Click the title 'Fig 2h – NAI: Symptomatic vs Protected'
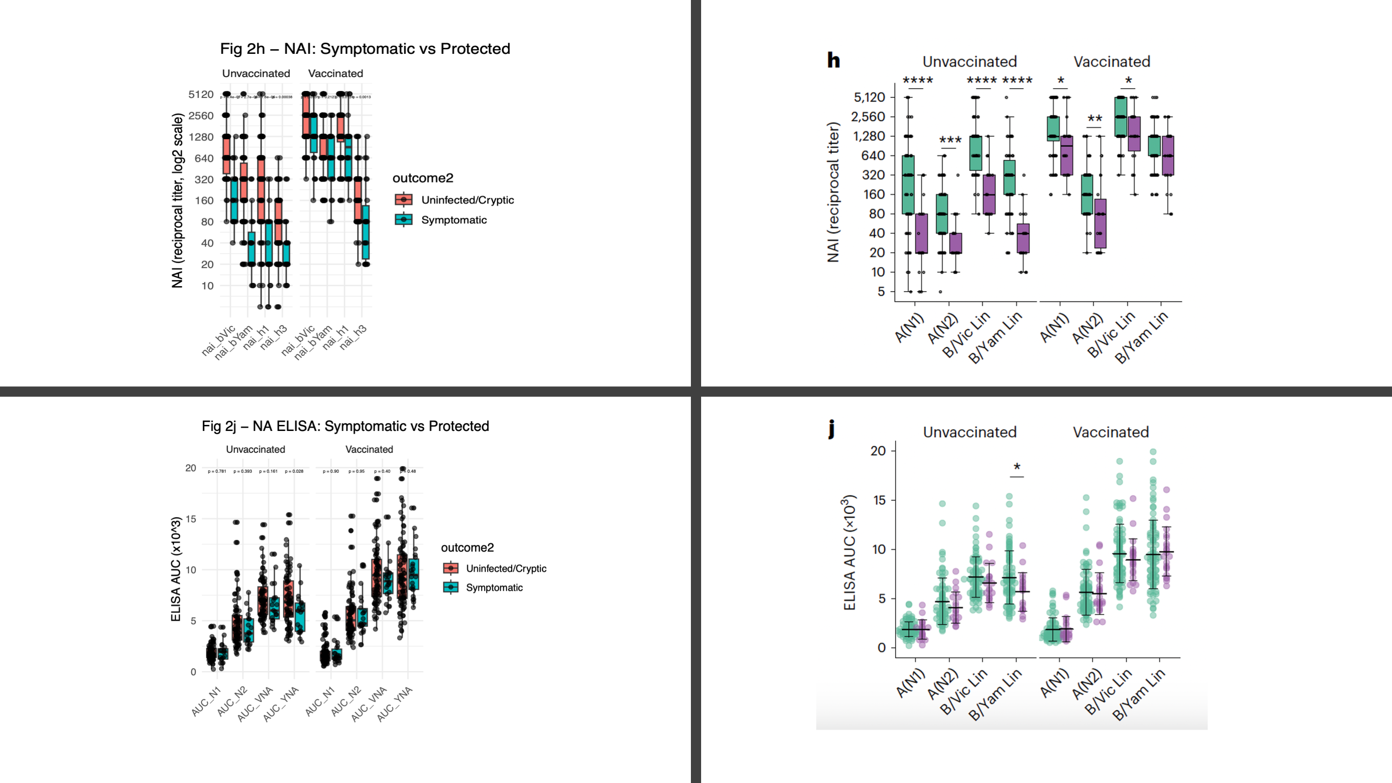pos(365,49)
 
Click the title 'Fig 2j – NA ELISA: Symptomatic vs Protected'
pos(345,426)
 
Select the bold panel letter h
pos(833,59)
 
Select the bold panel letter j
pos(832,429)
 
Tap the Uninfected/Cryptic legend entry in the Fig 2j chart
pos(506,568)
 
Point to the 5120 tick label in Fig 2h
pos(201,95)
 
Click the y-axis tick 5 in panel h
pos(881,292)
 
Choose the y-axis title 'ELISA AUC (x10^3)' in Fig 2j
pos(176,569)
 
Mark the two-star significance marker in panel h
pos(1094,119)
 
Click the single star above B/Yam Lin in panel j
pos(1017,467)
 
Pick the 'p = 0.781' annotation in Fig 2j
pos(217,471)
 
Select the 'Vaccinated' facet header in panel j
pos(1111,432)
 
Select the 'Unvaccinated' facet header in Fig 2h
pos(256,73)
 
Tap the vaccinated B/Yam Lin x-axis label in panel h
pos(1141,337)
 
